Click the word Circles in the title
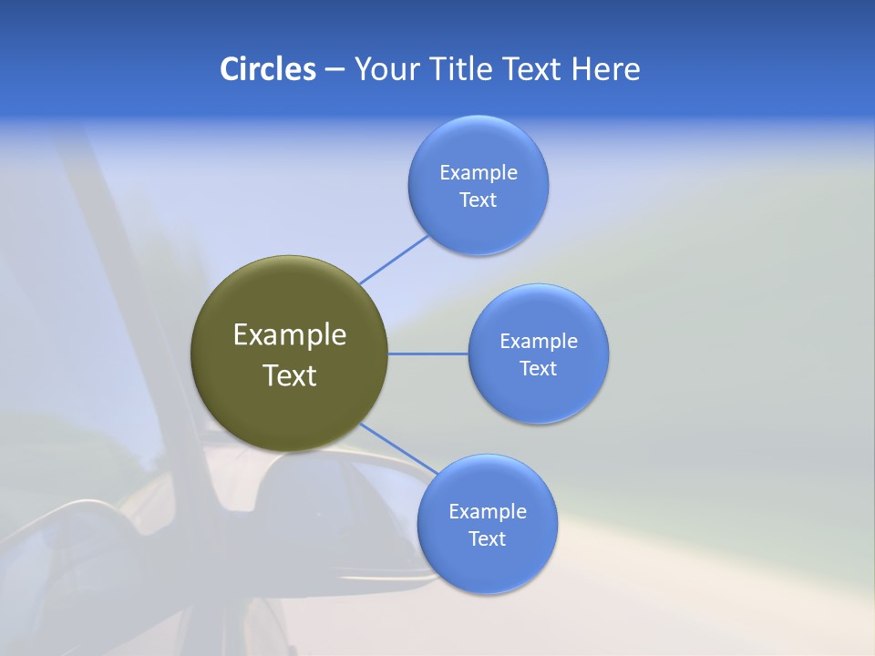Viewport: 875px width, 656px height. tap(268, 69)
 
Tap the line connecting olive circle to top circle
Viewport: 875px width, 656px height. tap(394, 259)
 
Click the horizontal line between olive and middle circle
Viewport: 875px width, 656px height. tap(428, 354)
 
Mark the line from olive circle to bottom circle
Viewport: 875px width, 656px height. tap(399, 448)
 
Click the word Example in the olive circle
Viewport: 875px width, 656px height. tap(290, 335)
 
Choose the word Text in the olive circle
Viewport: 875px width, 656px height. tap(290, 375)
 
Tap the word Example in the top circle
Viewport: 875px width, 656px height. tap(479, 173)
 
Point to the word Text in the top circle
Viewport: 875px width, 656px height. tap(479, 200)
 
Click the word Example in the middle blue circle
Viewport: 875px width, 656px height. tap(539, 342)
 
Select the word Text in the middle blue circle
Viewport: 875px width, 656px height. tap(539, 369)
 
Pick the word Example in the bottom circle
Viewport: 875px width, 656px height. tap(487, 512)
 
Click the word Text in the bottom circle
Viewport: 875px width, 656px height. tap(487, 539)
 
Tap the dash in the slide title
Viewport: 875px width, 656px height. tap(335, 69)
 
